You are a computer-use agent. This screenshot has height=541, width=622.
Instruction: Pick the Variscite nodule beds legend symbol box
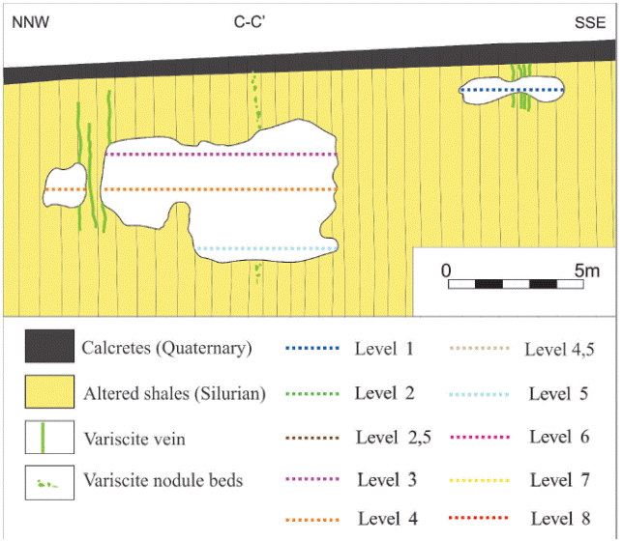pyautogui.click(x=48, y=481)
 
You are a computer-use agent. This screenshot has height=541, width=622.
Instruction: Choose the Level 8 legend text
pyautogui.click(x=558, y=519)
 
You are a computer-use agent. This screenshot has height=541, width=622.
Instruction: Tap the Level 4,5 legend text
pyautogui.click(x=558, y=348)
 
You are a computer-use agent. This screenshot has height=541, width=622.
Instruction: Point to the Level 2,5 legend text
pyautogui.click(x=390, y=437)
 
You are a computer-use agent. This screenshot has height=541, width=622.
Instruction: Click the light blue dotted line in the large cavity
pyautogui.click(x=266, y=249)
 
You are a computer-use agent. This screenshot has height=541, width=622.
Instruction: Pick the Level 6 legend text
pyautogui.click(x=558, y=437)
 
